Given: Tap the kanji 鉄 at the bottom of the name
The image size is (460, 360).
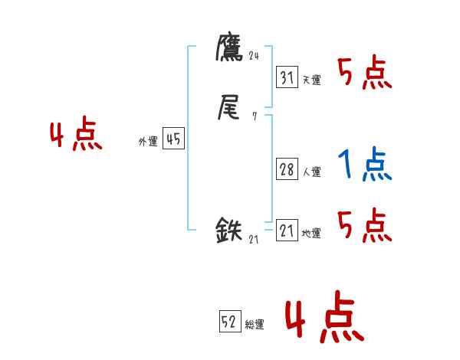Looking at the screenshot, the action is [230, 230].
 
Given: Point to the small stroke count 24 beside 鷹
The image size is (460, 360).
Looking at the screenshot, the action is [255, 55].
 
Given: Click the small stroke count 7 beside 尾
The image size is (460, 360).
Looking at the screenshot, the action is [254, 116].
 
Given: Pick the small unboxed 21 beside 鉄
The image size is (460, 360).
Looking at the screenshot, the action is [254, 239].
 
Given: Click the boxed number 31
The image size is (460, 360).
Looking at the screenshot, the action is [287, 77].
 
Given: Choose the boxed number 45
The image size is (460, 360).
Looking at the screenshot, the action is [173, 139].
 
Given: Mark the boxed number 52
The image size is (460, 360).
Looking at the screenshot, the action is [229, 322].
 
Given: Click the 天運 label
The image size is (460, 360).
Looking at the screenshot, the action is [311, 80].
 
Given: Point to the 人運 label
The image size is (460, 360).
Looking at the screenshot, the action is [311, 172].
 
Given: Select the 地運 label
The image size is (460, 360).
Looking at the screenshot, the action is [311, 234].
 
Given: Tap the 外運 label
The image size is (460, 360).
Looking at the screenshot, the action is [148, 142].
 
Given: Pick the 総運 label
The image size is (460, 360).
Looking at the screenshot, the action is [255, 325].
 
